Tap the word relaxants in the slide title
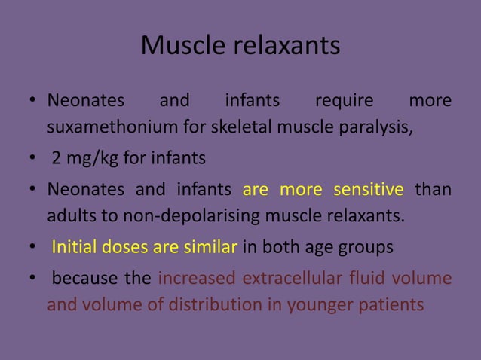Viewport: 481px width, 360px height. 285,47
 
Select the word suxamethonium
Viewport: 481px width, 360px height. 104,126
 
